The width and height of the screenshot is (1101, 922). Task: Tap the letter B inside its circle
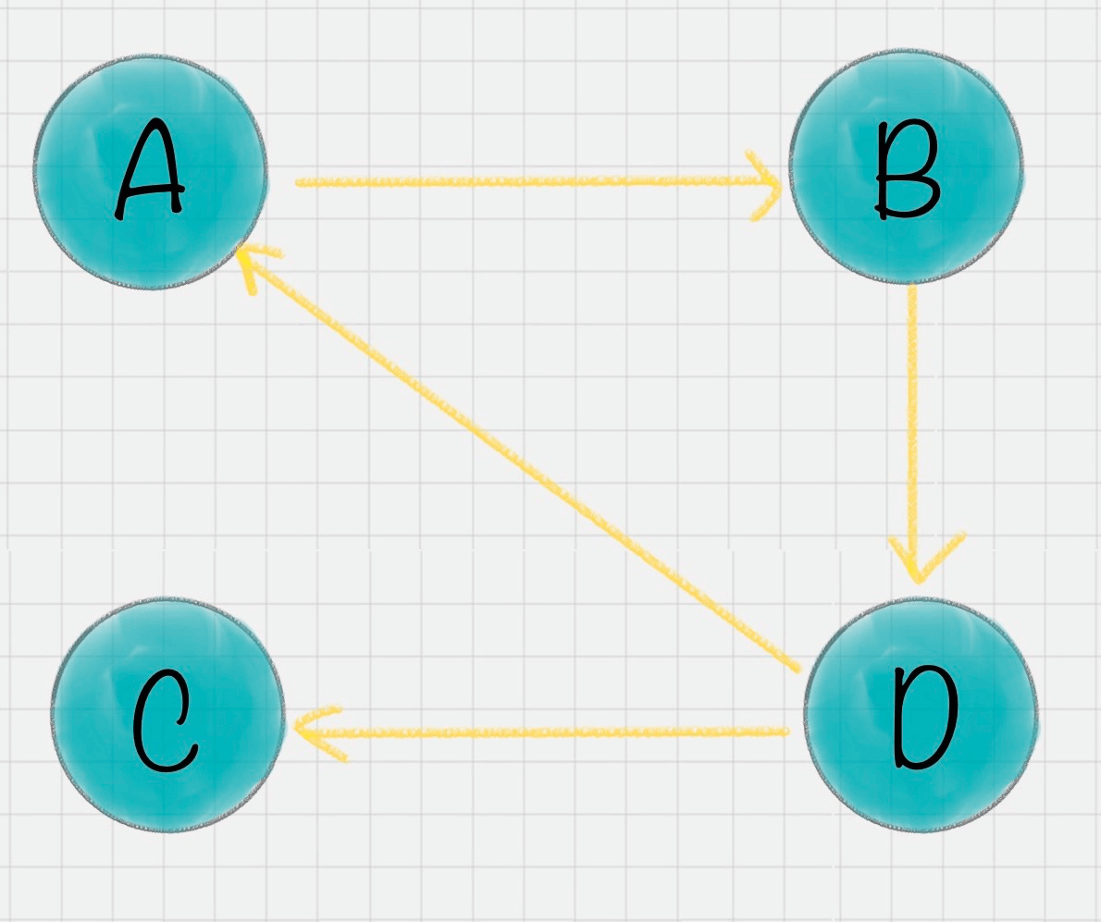pos(907,170)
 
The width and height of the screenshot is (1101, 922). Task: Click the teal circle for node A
pos(151,171)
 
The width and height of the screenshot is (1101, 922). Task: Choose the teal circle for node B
pos(906,167)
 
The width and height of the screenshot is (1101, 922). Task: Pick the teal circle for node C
pos(167,715)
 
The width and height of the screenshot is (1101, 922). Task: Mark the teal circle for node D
pos(922,714)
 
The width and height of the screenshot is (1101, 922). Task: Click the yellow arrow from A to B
pos(538,182)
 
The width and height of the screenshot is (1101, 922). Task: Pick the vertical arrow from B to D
pos(913,434)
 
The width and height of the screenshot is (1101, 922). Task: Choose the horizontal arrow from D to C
pos(541,731)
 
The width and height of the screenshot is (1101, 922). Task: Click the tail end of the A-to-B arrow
pos(298,182)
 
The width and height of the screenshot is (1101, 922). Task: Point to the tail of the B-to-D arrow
pos(911,287)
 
